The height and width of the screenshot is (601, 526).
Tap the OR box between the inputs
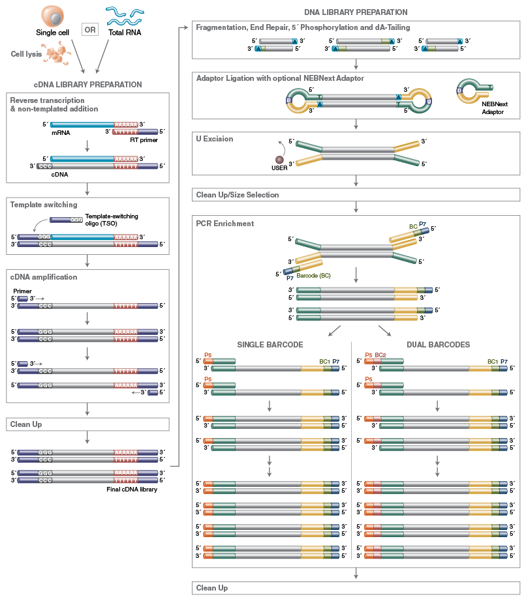[90, 29]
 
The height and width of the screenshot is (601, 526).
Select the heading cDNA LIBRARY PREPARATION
[87, 85]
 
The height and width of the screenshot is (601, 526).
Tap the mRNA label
[61, 132]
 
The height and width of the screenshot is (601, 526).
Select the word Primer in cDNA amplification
[23, 291]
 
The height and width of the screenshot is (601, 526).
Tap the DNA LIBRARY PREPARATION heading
[356, 12]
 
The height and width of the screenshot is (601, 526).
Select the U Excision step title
[214, 139]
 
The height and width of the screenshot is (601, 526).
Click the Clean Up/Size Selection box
[356, 195]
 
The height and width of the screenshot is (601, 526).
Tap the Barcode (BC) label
[313, 275]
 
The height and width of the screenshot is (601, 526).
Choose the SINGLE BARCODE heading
[269, 345]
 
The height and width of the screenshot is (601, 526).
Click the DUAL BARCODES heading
[437, 345]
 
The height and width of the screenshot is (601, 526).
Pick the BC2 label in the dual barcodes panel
[380, 355]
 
